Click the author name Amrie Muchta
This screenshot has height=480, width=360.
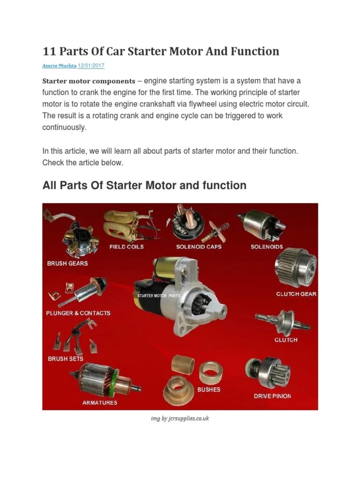pyautogui.click(x=59, y=66)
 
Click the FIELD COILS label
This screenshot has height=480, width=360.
pyautogui.click(x=127, y=247)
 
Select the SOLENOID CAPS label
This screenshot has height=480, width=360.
pyautogui.click(x=199, y=247)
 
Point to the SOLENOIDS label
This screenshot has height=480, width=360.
pyautogui.click(x=267, y=247)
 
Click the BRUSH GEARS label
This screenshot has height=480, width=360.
pyautogui.click(x=67, y=263)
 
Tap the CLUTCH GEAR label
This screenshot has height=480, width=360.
pyautogui.click(x=296, y=294)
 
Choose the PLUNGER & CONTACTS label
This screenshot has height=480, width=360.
pyautogui.click(x=78, y=313)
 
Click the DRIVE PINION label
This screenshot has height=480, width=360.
pyautogui.click(x=272, y=396)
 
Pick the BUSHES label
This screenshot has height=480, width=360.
pyautogui.click(x=209, y=390)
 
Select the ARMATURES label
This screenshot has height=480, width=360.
pyautogui.click(x=100, y=403)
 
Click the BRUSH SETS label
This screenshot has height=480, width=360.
pyautogui.click(x=66, y=359)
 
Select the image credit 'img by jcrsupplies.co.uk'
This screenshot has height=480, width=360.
pyautogui.click(x=180, y=418)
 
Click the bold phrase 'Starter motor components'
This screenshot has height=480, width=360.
pyautogui.click(x=89, y=81)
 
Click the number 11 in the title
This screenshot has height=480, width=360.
pyautogui.click(x=49, y=51)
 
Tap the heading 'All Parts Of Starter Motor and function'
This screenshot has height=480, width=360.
pyautogui.click(x=144, y=185)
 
